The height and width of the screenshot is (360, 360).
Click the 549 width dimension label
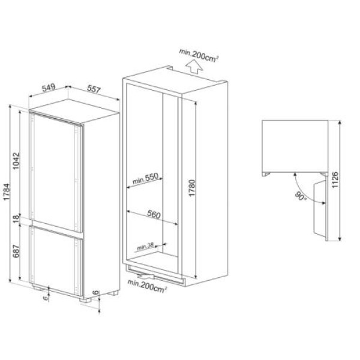[49, 87]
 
